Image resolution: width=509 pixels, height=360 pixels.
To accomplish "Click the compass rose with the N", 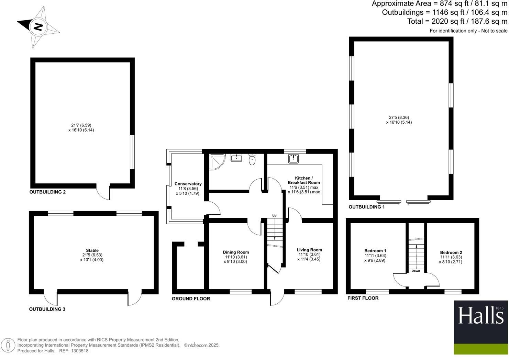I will (38, 26).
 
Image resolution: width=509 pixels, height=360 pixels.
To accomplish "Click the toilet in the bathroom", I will (252, 159).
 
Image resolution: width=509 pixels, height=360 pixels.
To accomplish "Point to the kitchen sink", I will (294, 159).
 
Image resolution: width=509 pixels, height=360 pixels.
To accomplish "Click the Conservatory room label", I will (188, 184).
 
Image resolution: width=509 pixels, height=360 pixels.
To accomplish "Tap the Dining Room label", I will (236, 252).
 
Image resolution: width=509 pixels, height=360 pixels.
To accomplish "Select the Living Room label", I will (309, 250).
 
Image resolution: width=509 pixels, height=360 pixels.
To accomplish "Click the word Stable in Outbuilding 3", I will (92, 250).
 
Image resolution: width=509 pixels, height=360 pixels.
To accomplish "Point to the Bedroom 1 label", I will (375, 251).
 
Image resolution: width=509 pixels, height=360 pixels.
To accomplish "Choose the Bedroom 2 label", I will (451, 252).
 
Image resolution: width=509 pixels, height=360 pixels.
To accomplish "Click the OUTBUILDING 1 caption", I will (366, 207).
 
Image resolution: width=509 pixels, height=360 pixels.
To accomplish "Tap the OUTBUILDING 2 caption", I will (47, 192).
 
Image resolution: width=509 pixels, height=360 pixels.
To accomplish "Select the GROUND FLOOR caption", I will (191, 299).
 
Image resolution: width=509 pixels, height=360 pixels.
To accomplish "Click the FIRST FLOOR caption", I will (363, 298).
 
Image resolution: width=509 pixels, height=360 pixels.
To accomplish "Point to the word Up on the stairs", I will (274, 216).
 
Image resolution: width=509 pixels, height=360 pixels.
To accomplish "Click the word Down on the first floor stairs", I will (416, 271).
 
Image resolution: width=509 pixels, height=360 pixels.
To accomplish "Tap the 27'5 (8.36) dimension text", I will (399, 117).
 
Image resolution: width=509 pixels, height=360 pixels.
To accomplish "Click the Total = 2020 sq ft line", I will (457, 21).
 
